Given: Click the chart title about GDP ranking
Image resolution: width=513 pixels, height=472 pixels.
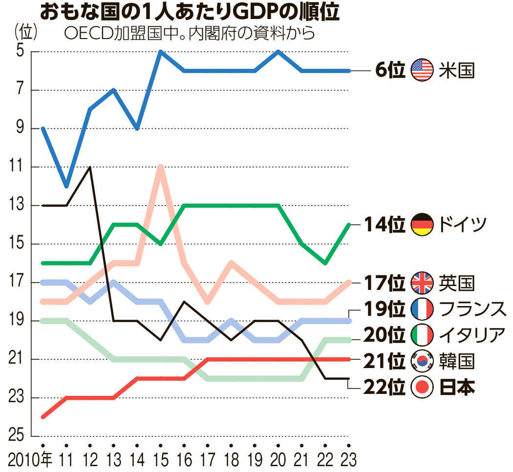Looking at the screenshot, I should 189,13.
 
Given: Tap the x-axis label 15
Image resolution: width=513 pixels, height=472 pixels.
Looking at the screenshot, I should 161,459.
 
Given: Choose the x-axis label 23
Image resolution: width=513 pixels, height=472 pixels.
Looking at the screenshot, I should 347,459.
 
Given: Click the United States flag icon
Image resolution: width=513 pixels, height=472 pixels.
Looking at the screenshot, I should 422,70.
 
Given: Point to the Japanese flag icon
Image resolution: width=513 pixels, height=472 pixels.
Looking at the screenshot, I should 422,388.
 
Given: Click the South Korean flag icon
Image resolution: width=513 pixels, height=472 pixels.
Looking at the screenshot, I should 422,361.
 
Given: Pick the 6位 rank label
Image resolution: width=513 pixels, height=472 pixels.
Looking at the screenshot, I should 390,70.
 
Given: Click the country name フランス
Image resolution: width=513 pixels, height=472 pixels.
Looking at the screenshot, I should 471,309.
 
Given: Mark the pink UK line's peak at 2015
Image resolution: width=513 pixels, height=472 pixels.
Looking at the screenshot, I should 161,167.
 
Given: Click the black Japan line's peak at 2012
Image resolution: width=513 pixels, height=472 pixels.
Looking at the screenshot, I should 89,167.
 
